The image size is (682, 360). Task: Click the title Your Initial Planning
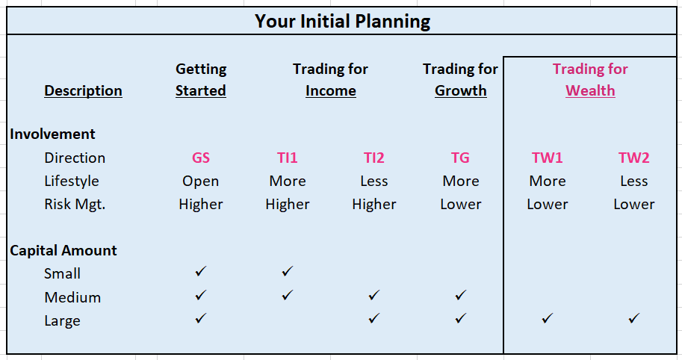point(342,22)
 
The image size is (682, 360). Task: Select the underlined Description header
point(83,90)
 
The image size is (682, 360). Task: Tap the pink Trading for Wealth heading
point(590,80)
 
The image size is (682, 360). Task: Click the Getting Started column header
point(200,80)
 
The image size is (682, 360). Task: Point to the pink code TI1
point(287,158)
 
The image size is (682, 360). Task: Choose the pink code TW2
point(633,158)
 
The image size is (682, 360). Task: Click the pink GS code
point(200,158)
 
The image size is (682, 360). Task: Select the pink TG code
point(460,158)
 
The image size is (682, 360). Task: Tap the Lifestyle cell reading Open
point(200,181)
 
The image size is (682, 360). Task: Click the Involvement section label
point(52,134)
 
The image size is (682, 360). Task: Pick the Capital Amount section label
point(63,250)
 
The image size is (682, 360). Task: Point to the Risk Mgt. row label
point(75,204)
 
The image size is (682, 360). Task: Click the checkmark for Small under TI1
point(287,271)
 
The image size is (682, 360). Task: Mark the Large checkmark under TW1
point(547,318)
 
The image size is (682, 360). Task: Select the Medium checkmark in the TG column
point(460,295)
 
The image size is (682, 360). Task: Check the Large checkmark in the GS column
point(200,318)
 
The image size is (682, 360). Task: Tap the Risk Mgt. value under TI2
point(374,204)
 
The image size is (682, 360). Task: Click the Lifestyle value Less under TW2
point(633,181)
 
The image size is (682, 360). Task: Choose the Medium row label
point(72,297)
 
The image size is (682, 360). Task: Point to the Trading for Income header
point(331,80)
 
